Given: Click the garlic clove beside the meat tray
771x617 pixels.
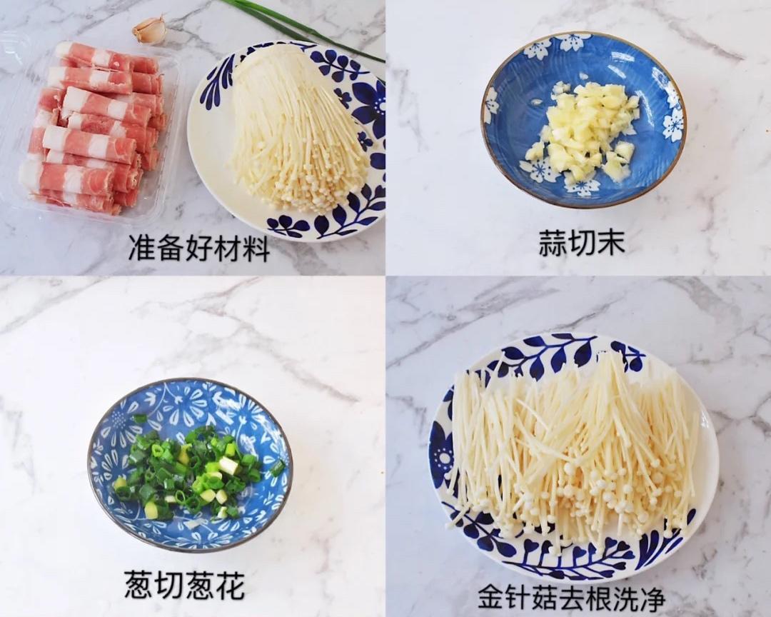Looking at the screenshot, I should [150, 30].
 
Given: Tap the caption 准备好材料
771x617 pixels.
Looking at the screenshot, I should [199, 248].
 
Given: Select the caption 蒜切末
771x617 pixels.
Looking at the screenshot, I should [582, 243].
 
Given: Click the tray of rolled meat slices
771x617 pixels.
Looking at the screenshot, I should [96, 129].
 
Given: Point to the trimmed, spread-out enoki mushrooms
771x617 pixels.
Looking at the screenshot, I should [571, 450].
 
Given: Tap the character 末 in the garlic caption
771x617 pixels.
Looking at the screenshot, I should [612, 243].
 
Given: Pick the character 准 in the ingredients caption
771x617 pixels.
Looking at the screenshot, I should [142, 248].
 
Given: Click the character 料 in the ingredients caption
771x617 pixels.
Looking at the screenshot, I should [256, 248].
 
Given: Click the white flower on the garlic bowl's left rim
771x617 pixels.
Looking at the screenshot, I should [491, 104].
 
